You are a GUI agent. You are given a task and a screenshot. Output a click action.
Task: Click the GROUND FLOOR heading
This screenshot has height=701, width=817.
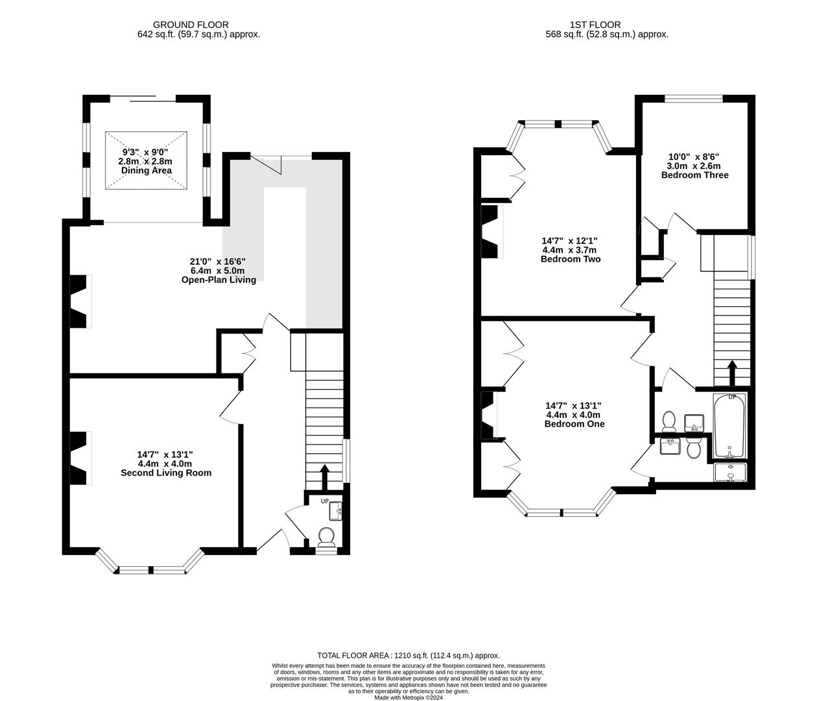pos(191,25)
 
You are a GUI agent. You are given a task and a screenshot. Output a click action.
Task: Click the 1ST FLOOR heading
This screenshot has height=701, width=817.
pos(595,25)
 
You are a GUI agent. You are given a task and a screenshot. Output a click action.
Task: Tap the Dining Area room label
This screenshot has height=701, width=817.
pos(147,171)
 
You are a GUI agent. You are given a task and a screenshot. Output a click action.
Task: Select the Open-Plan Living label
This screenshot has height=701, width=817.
pos(219,280)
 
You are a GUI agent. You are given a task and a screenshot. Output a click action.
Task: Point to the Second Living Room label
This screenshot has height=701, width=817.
pos(166,473)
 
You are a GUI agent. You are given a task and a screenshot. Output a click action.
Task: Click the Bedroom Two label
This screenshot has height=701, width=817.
pos(571,259)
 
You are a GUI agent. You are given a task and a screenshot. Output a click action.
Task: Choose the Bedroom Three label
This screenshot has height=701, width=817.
pos(695,175)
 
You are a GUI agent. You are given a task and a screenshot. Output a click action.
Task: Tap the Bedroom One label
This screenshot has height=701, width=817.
pos(574,424)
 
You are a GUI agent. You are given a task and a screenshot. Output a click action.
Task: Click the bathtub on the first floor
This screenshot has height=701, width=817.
pos(729,426)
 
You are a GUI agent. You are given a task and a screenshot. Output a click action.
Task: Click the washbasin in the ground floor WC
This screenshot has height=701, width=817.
pos(335,511)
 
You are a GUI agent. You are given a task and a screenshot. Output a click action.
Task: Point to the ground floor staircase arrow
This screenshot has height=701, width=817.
pos(324,478)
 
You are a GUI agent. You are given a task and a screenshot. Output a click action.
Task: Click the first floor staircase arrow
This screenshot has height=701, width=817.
pos(732,373)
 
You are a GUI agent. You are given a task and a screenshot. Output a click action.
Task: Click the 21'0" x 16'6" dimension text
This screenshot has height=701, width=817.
pos(218,262)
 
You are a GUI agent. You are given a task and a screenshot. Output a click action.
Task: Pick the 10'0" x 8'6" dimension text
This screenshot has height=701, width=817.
pos(694,156)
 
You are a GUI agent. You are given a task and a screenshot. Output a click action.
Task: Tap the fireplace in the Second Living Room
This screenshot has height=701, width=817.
pos(80,458)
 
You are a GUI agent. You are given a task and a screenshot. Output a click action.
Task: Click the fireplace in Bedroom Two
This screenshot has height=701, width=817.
pos(490,232)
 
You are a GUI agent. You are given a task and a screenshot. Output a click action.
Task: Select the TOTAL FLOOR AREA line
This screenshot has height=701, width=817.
pos(408,656)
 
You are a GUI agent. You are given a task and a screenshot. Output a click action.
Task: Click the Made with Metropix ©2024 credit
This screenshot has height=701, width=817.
pos(408,698)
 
